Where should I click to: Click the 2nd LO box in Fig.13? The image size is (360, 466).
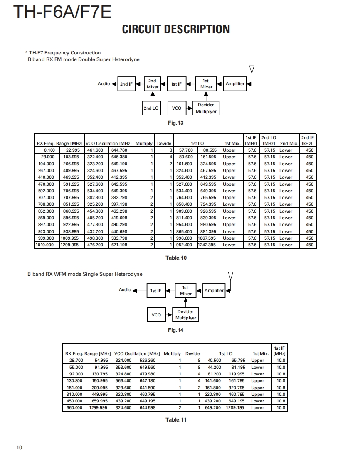tap(151, 108)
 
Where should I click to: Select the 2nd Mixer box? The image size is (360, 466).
tap(153, 84)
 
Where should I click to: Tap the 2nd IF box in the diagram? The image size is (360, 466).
tap(126, 84)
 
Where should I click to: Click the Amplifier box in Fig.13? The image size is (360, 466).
tap(235, 84)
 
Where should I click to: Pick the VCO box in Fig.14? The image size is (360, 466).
tap(156, 315)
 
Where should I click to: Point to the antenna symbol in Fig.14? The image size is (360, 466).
tap(231, 276)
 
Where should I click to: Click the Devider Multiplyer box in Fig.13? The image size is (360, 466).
tap(206, 108)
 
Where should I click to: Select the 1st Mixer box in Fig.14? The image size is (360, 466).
tap(185, 291)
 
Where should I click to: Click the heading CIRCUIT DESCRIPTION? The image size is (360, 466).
tap(176, 29)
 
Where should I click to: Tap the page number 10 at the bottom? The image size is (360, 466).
tap(19, 447)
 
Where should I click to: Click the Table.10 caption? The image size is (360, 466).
tap(176, 258)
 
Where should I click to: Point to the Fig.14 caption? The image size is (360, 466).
tap(175, 330)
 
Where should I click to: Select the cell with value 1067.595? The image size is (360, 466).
tap(207, 238)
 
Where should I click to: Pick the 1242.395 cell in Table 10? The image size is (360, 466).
tap(207, 245)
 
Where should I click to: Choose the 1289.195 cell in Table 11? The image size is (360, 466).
tap(235, 408)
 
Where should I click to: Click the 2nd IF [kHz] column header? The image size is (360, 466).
tap(308, 140)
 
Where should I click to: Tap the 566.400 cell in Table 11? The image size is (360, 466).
tap(123, 381)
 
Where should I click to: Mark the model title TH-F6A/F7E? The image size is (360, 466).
tap(62, 12)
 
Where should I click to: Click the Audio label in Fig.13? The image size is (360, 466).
tap(104, 84)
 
